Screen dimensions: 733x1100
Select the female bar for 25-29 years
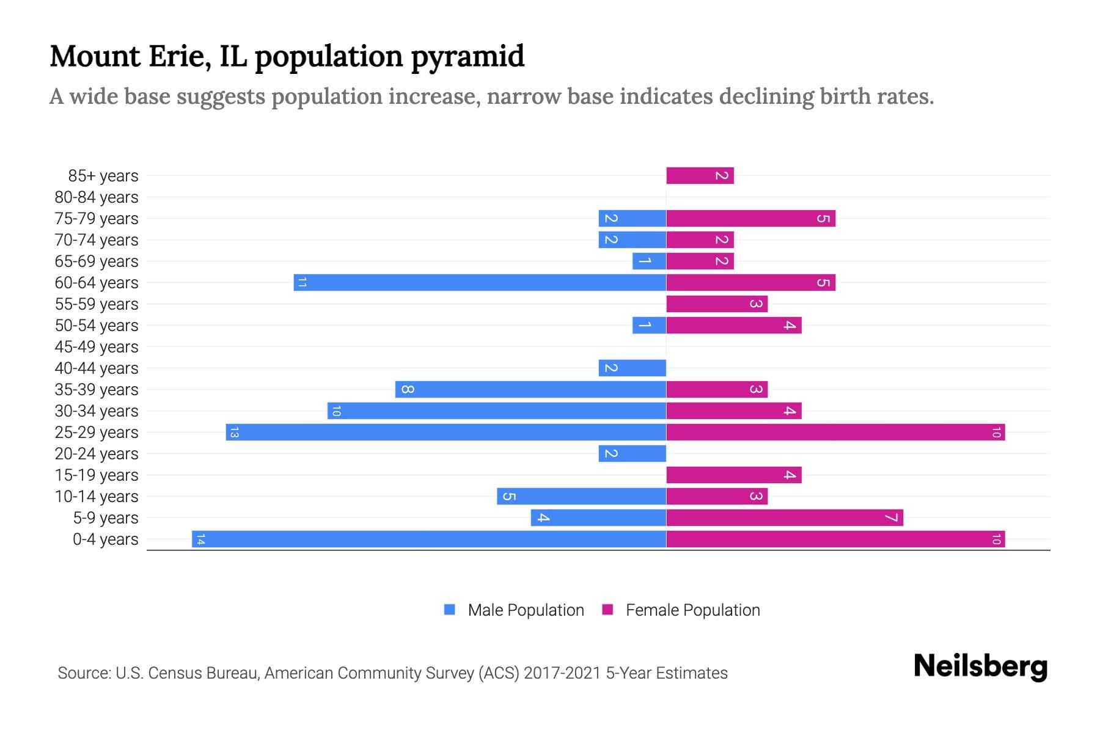point(835,432)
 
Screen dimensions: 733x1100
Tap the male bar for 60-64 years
point(480,283)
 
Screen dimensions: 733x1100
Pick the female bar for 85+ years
point(700,176)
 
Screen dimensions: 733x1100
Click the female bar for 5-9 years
point(785,518)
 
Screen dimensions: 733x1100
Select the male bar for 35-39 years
point(530,390)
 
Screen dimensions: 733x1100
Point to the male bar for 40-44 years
point(632,368)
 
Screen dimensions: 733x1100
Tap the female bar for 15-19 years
point(733,475)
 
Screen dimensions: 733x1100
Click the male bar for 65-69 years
point(649,261)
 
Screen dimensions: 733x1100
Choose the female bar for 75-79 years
point(750,219)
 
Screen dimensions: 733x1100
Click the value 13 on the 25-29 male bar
point(234,432)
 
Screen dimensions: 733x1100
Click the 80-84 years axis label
point(97,197)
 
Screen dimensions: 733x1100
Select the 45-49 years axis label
point(97,347)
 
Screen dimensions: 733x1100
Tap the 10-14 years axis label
point(97,497)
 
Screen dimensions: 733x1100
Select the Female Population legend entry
point(681,610)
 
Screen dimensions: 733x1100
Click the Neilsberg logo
point(980,666)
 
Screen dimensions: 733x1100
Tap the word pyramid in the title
point(468,57)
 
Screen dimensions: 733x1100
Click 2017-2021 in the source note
point(562,673)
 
